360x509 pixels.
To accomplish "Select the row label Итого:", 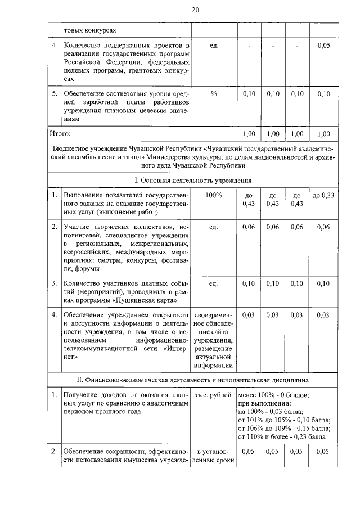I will (59, 133).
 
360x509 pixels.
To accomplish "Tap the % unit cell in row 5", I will (214, 94).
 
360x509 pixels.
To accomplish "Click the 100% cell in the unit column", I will (214, 195).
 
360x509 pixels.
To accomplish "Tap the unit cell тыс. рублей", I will (214, 395).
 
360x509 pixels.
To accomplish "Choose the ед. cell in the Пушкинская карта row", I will (214, 283).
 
